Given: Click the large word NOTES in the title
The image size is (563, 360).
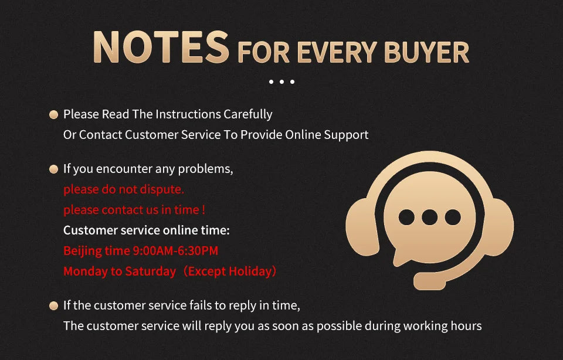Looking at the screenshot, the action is pos(161,47).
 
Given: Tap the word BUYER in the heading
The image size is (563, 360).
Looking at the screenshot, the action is pos(426,53).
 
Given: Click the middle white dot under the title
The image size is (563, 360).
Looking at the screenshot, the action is pos(282,82).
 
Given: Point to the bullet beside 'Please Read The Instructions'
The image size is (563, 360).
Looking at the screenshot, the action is pos(53,114).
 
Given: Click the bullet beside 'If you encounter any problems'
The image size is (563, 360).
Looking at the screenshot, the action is pos(53,169).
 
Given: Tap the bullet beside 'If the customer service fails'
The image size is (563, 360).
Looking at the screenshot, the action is pos(53,306).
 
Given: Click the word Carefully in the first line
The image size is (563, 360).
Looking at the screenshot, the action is pos(247,114).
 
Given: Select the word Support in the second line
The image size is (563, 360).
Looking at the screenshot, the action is pos(346,135).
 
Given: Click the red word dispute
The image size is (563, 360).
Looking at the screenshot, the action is pos(162,189).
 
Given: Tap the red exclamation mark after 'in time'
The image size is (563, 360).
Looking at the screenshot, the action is pos(204,210).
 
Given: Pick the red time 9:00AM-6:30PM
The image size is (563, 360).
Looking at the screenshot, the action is pos(175,250).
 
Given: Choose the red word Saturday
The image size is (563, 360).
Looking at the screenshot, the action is pos(151,271).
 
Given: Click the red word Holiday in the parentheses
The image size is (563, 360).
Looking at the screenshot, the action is pos(250,271).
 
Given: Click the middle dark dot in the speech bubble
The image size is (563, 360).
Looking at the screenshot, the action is pos(429,217).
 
